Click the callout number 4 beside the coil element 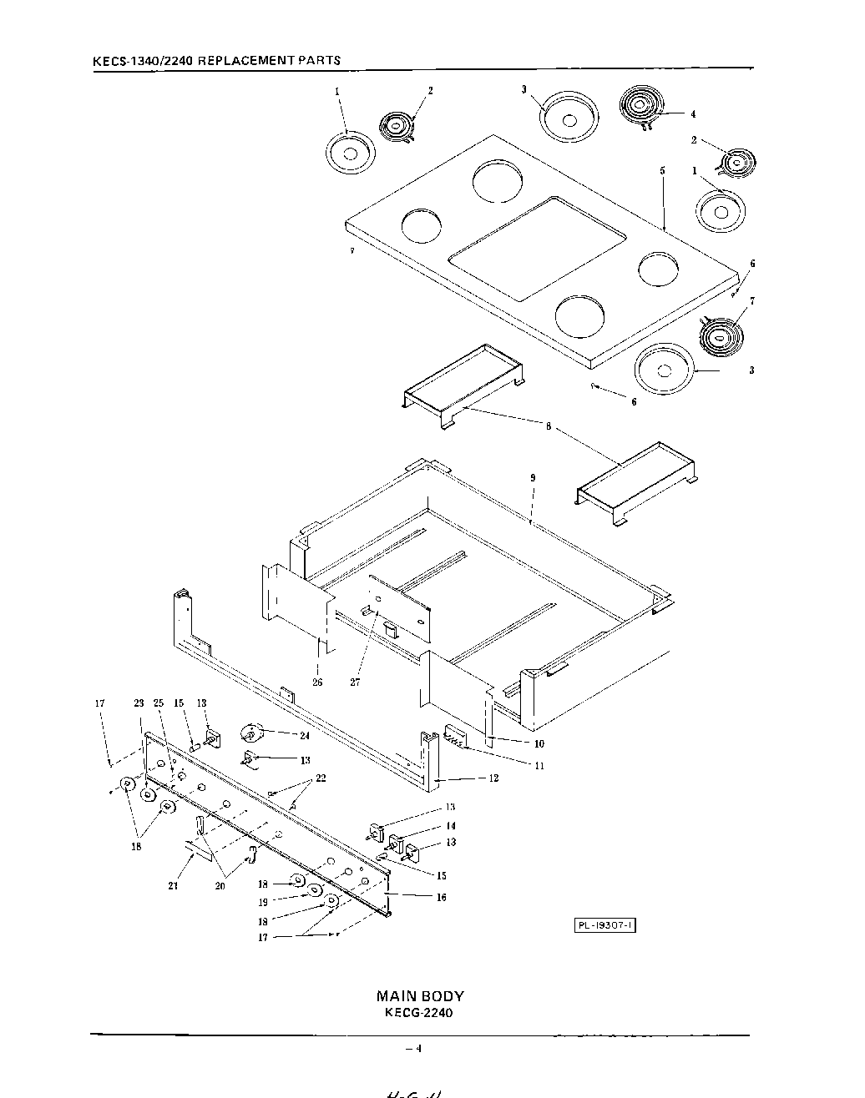pos(692,114)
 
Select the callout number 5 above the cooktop pos(662,170)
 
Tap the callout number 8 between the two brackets pos(548,426)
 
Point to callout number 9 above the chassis pos(532,478)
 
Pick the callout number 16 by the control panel pos(442,898)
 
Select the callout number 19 pos(262,902)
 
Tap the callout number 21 pos(173,886)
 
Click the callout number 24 pos(304,735)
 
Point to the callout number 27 pos(356,682)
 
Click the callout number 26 pos(317,682)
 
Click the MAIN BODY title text pos(420,995)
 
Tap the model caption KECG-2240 pos(420,1013)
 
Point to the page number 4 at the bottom pos(419,1049)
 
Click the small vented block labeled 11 pos(456,735)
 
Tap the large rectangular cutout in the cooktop pos(537,248)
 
